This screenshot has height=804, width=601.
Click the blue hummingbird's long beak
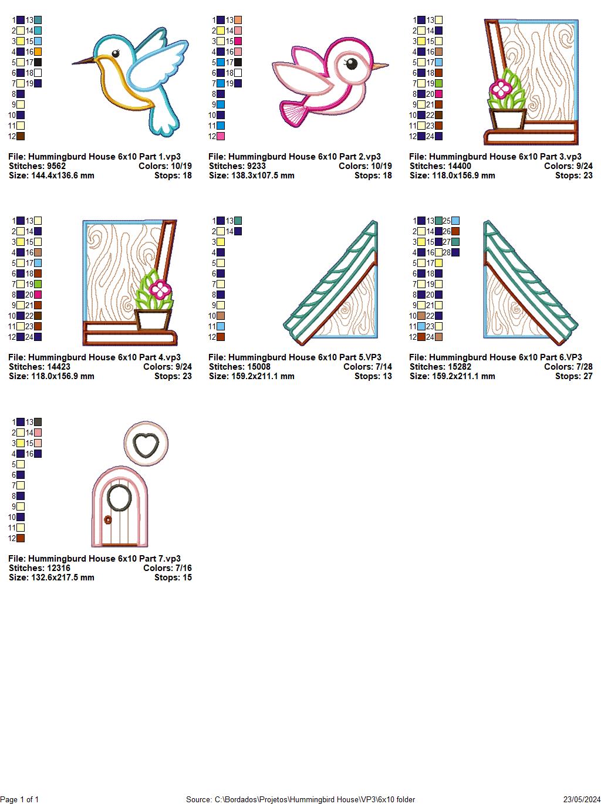pos(83,60)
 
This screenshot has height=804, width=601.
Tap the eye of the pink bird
pos(351,63)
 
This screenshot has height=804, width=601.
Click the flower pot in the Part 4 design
pos(153,320)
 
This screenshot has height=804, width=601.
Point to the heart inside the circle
pos(146,443)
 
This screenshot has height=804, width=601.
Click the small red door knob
pos(108,519)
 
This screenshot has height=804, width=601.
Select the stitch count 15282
pos(459,367)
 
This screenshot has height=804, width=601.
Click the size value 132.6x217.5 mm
pos(62,577)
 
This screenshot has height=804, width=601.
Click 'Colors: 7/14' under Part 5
pos(367,367)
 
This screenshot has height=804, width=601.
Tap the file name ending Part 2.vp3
pos(295,157)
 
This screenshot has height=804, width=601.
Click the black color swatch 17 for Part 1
pos(38,62)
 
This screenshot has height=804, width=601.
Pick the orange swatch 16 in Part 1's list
pos(38,52)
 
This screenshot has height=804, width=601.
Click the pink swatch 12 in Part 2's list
pos(221,136)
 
